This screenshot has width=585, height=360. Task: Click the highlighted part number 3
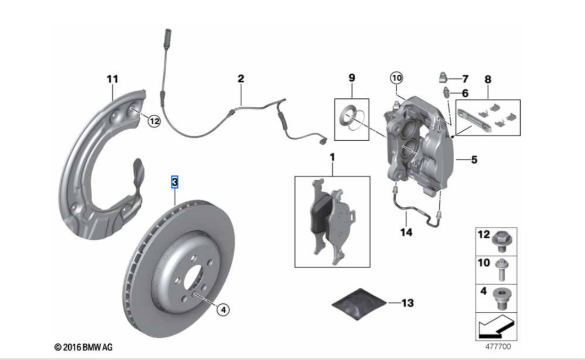(175, 182)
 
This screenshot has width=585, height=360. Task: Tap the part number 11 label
(112, 80)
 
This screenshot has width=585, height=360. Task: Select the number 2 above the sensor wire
(240, 79)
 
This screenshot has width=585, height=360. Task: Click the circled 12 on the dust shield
(154, 121)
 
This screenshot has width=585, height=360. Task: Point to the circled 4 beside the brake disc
(222, 309)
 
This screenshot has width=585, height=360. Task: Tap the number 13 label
(407, 303)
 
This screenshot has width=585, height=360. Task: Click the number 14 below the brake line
(406, 232)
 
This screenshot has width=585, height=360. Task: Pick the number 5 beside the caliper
(474, 160)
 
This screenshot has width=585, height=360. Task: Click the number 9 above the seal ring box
(352, 79)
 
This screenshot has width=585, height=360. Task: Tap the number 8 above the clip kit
(488, 79)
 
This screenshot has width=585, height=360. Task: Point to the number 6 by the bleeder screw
(465, 93)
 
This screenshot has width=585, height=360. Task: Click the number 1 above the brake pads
(332, 158)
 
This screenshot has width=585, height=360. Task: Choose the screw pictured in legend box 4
(501, 297)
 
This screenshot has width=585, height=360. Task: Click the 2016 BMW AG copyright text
(84, 347)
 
